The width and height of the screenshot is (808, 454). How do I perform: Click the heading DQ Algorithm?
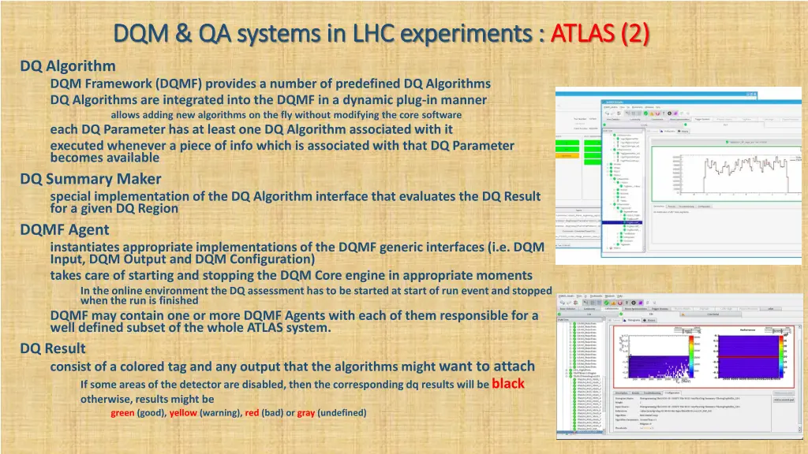click(x=68, y=66)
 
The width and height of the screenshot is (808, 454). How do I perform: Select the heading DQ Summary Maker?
click(x=91, y=179)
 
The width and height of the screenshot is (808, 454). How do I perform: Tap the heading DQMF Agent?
click(x=65, y=230)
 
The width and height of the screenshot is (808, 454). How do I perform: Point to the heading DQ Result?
click(x=53, y=348)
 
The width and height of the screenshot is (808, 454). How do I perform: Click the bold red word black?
click(x=507, y=384)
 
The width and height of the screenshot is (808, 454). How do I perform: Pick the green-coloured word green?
click(x=122, y=413)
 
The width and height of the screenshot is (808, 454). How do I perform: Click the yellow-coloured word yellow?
click(x=183, y=413)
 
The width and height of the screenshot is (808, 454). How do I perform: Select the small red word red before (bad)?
click(x=252, y=413)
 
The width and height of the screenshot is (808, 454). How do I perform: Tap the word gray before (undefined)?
click(x=306, y=413)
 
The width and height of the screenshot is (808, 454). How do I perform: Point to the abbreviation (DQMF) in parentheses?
click(x=179, y=84)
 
